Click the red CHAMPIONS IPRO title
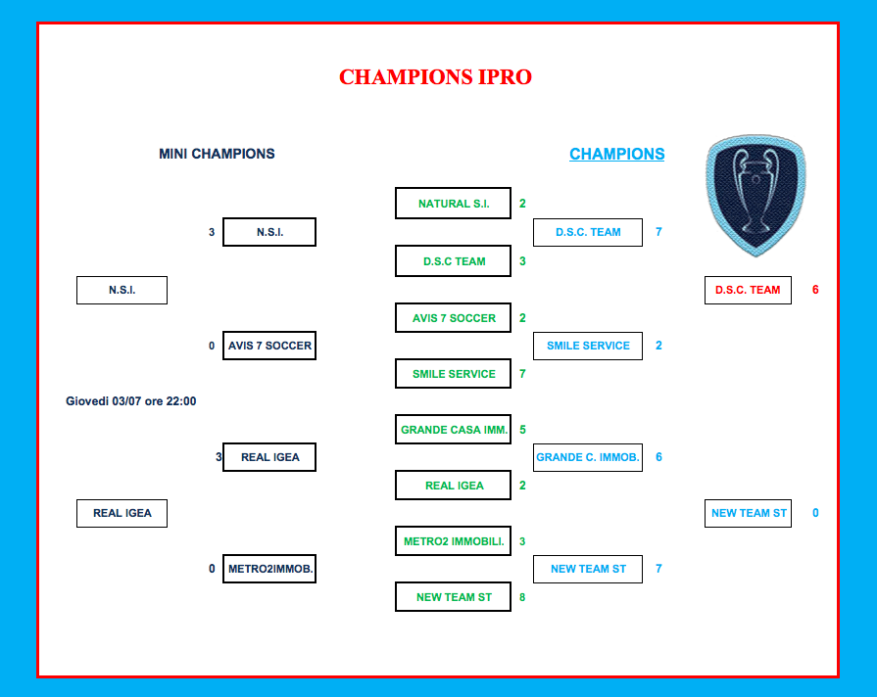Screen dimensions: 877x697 (435, 77)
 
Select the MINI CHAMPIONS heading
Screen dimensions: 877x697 (217, 154)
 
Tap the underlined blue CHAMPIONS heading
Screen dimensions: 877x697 (617, 154)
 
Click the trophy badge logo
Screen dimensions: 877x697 (756, 195)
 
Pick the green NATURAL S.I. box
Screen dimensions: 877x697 (453, 204)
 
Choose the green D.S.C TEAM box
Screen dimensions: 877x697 (453, 261)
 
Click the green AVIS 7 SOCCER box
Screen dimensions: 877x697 (453, 318)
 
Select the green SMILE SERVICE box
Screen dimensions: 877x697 (453, 374)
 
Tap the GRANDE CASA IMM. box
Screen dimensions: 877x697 (453, 430)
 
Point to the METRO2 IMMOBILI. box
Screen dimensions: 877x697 (453, 541)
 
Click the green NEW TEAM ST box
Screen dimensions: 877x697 (453, 597)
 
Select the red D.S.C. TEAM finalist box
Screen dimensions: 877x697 (748, 290)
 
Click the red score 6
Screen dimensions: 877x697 (815, 290)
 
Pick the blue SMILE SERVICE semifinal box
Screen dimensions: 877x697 (588, 346)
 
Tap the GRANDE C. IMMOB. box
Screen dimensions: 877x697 (588, 457)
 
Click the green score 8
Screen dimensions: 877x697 (522, 597)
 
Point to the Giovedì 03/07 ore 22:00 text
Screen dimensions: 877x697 (131, 401)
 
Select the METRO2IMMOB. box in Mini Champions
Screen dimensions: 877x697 (269, 569)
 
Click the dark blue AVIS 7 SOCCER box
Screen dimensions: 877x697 (269, 346)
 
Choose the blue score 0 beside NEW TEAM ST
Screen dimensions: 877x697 (815, 513)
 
